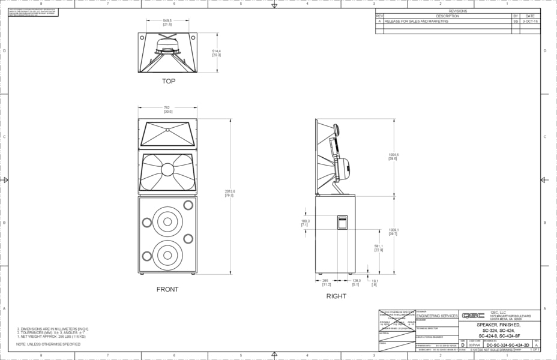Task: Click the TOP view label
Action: (168, 81)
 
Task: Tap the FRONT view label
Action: (167, 289)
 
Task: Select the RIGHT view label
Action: (336, 296)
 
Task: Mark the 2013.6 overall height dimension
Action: (230, 193)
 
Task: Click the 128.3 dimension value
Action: (355, 282)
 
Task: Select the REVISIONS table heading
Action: (457, 11)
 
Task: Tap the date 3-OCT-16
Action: (529, 20)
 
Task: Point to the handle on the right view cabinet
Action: (342, 222)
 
